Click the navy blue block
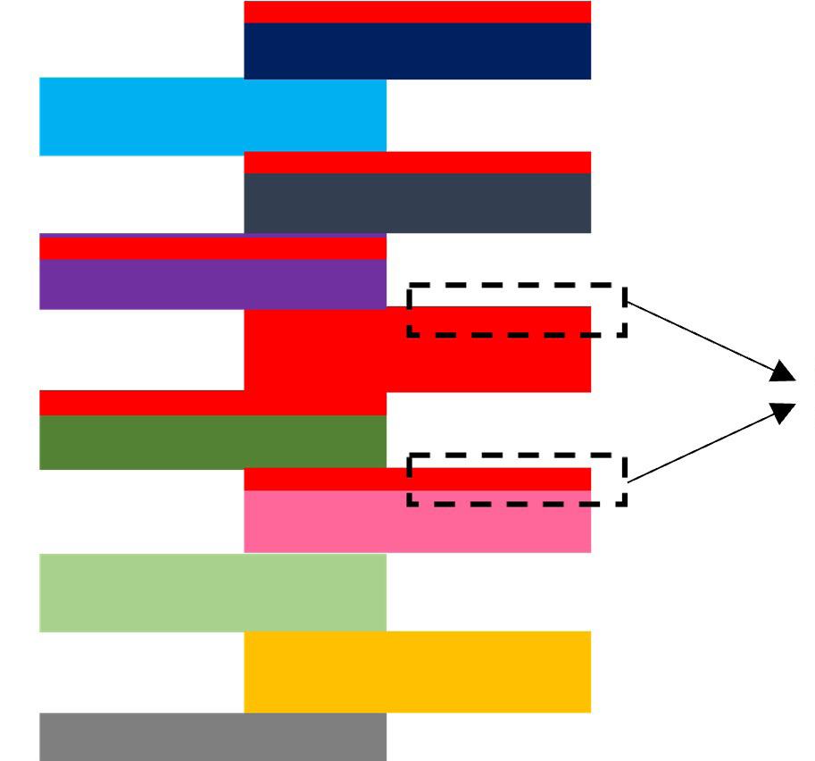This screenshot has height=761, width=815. [417, 51]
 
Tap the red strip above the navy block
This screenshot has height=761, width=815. [417, 12]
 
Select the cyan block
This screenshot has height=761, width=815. [212, 116]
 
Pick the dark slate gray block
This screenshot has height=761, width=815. [417, 203]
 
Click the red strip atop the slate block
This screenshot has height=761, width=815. [417, 163]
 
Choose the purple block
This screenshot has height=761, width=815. [212, 284]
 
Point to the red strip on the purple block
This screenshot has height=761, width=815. [212, 248]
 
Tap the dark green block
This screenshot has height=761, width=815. [212, 442]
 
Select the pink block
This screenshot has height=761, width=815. [417, 523]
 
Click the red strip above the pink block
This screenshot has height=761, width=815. [321, 480]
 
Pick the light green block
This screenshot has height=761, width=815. [212, 592]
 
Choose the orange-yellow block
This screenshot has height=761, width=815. [417, 672]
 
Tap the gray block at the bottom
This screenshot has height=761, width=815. [212, 737]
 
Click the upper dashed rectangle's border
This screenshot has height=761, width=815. [516, 287]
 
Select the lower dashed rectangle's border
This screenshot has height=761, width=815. [516, 504]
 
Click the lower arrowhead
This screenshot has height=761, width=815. [784, 413]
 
